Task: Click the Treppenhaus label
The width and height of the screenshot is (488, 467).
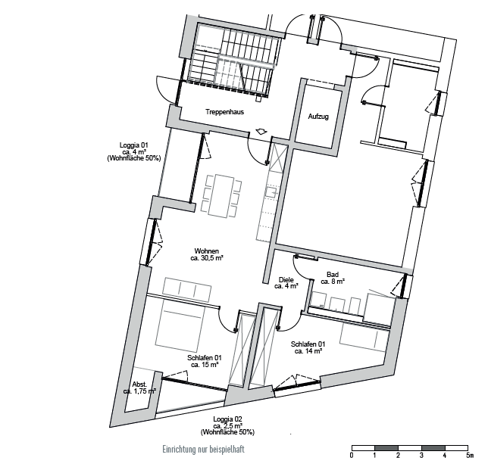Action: [224, 112]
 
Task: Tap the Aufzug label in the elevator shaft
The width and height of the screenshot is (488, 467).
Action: [318, 117]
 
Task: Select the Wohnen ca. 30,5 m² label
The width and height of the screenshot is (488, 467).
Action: [207, 254]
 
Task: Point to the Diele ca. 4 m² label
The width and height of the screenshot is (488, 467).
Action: [286, 283]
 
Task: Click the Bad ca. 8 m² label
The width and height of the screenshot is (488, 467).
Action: [333, 278]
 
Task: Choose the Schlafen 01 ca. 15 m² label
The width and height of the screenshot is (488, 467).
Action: [205, 361]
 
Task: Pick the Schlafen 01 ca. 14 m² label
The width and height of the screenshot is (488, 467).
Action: [308, 347]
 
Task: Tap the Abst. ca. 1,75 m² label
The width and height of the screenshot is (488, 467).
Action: [139, 388]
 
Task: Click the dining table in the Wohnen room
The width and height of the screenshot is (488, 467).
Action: [221, 196]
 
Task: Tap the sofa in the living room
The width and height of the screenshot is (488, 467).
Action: [187, 289]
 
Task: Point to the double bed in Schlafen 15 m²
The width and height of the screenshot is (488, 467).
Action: [180, 326]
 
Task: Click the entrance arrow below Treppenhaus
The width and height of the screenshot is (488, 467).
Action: [261, 131]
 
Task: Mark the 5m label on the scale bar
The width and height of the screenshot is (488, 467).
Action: [470, 456]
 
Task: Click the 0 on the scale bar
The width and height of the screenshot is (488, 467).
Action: [352, 456]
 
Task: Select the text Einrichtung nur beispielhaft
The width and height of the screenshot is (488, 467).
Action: [204, 450]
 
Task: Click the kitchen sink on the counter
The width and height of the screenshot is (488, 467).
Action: [272, 191]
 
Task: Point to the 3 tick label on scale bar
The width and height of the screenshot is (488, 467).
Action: [422, 456]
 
